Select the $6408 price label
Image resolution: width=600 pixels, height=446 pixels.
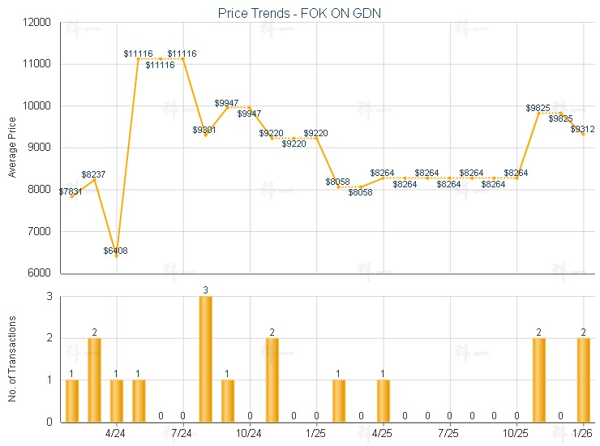pyautogui.click(x=115, y=251)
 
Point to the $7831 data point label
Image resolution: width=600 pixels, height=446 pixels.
pyautogui.click(x=71, y=191)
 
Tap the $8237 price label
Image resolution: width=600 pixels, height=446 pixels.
pyautogui.click(x=94, y=174)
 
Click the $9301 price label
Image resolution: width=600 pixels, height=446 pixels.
pyautogui.click(x=204, y=130)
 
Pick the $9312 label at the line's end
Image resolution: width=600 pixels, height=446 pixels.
pyautogui.click(x=582, y=129)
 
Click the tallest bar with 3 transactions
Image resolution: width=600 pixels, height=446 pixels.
pyautogui.click(x=206, y=358)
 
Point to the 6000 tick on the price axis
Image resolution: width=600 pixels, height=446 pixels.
pyautogui.click(x=40, y=272)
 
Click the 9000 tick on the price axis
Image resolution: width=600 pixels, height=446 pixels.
pyautogui.click(x=40, y=148)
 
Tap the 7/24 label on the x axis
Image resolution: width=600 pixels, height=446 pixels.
pyautogui.click(x=183, y=434)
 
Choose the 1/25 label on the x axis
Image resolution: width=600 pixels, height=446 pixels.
pyautogui.click(x=316, y=434)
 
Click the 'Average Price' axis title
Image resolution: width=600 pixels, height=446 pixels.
pyautogui.click(x=12, y=148)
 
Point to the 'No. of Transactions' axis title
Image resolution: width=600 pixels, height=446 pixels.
pyautogui.click(x=12, y=358)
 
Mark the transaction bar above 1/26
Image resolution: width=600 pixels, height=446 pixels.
pyautogui.click(x=583, y=380)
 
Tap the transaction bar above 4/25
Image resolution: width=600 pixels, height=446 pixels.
pyautogui.click(x=384, y=401)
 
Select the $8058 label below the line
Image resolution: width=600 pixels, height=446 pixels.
pyautogui.click(x=361, y=192)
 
